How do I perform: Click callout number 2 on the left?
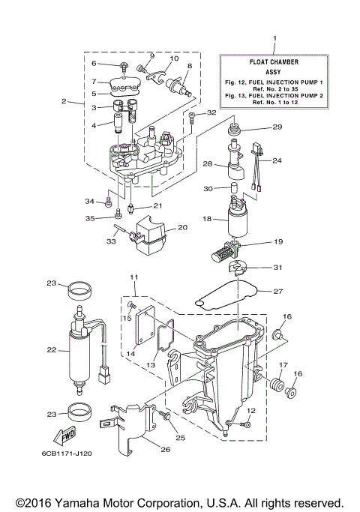pos(64,100)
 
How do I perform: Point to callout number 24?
pos(276,160)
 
